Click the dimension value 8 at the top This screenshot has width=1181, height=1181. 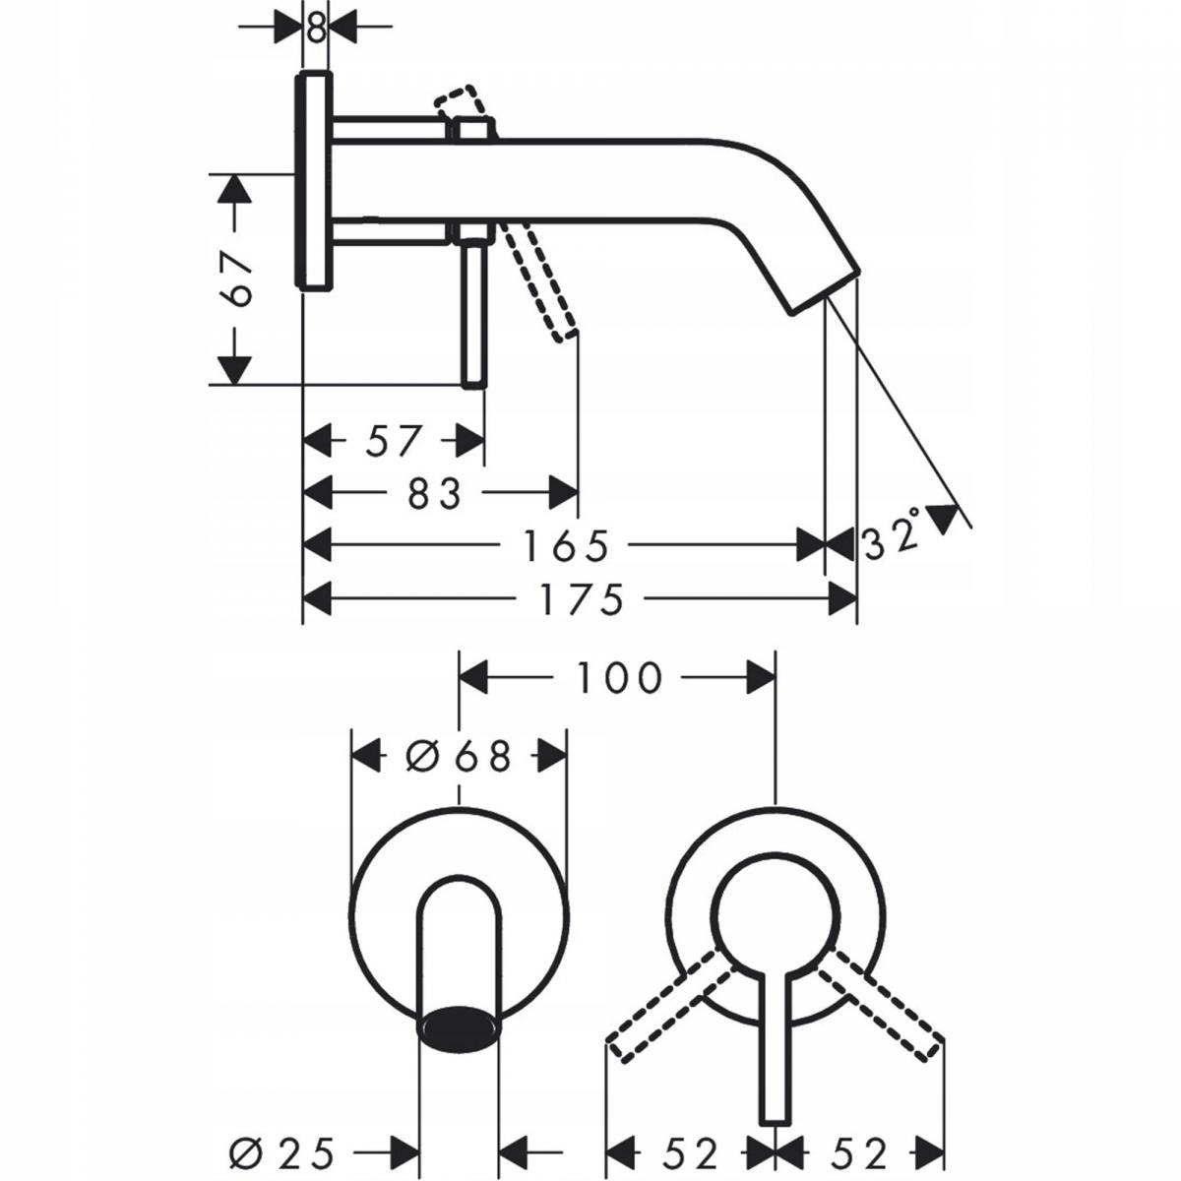[x=315, y=28]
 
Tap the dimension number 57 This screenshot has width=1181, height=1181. [x=394, y=440]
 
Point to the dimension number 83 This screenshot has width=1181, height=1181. [x=433, y=493]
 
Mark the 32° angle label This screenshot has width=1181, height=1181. [x=892, y=536]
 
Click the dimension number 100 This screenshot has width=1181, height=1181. [x=617, y=677]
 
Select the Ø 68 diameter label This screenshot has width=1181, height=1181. [x=460, y=757]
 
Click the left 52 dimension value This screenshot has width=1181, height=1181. [x=688, y=1150]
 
